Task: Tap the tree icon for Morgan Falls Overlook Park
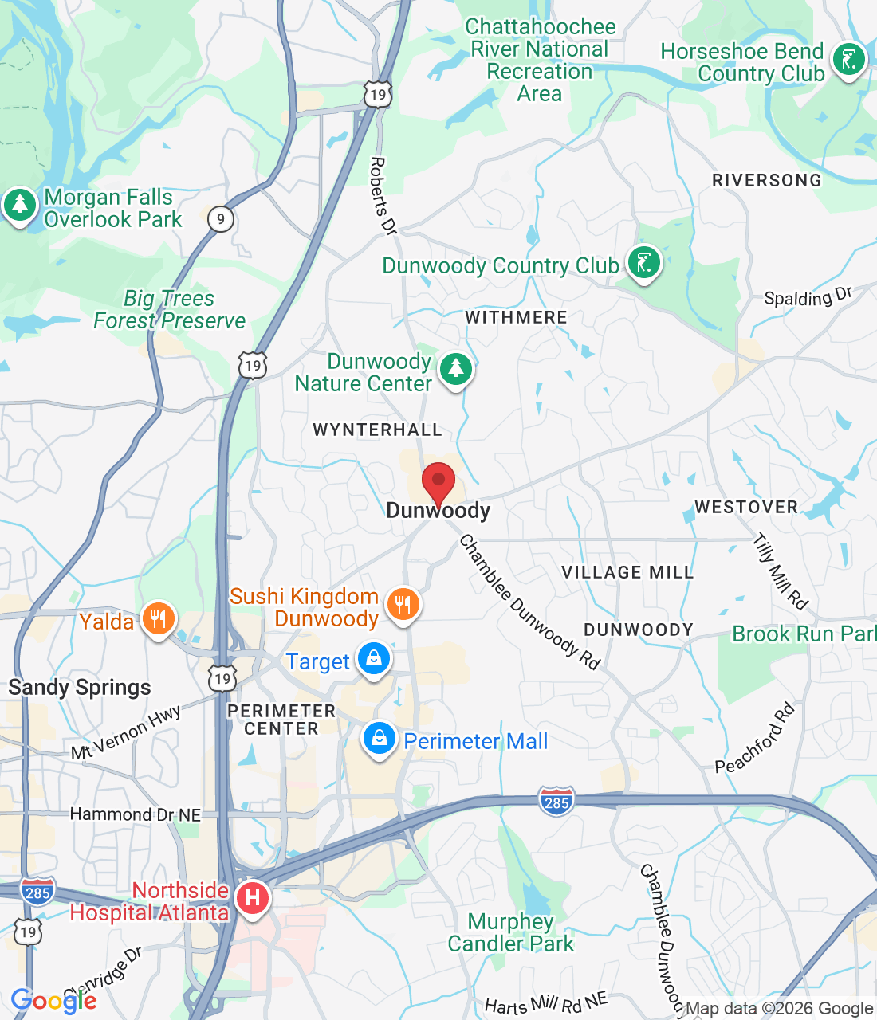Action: pyautogui.click(x=20, y=206)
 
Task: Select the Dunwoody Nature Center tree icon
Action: pyautogui.click(x=455, y=369)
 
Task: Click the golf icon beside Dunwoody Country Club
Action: pyautogui.click(x=643, y=262)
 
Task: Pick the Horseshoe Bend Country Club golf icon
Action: pyautogui.click(x=848, y=60)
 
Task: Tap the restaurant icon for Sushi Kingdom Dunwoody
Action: pyautogui.click(x=403, y=604)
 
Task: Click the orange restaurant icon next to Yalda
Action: pyautogui.click(x=158, y=619)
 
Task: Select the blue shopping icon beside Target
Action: pyautogui.click(x=373, y=659)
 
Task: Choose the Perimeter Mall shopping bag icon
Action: pyautogui.click(x=380, y=739)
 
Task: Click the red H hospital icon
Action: pyautogui.click(x=253, y=899)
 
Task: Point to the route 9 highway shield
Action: pyautogui.click(x=221, y=219)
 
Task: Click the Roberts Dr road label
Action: pyautogui.click(x=382, y=195)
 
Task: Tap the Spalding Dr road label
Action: pyautogui.click(x=808, y=297)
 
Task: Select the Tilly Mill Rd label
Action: pyautogui.click(x=781, y=571)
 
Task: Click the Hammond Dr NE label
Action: pyautogui.click(x=136, y=814)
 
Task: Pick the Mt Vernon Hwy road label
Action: pyautogui.click(x=126, y=732)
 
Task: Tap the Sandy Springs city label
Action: pyautogui.click(x=80, y=687)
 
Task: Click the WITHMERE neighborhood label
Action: pyautogui.click(x=516, y=317)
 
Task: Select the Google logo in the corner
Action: pyautogui.click(x=53, y=1001)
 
